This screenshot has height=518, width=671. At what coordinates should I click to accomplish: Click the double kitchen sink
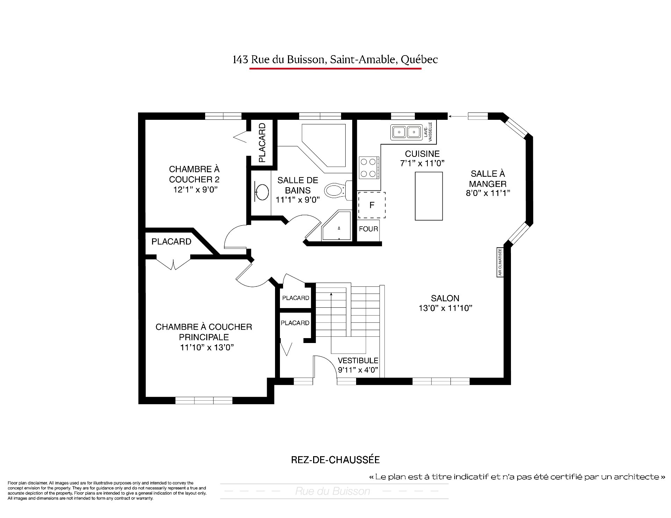coord(406,132)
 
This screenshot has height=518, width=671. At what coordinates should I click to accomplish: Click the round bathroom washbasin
coord(261,191)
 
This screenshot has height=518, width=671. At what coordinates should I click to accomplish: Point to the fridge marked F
coord(371,205)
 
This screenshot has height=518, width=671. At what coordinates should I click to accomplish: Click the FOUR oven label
coord(368,229)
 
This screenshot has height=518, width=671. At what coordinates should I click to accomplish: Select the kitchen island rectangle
coord(429,196)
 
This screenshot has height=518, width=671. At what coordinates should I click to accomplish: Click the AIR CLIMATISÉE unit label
coord(500,262)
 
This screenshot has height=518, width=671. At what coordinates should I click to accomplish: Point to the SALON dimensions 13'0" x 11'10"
coord(445,308)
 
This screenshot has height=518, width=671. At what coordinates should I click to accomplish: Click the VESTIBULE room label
coord(358,360)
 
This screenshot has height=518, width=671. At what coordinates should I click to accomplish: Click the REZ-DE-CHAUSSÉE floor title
coord(335,460)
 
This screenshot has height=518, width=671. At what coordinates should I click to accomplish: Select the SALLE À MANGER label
coord(488,178)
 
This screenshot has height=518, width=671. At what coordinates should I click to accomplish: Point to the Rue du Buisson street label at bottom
coord(333,491)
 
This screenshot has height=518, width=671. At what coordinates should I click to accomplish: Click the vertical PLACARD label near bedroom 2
coord(262,143)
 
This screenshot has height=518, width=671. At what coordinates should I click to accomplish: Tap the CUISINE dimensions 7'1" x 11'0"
coord(422,163)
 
